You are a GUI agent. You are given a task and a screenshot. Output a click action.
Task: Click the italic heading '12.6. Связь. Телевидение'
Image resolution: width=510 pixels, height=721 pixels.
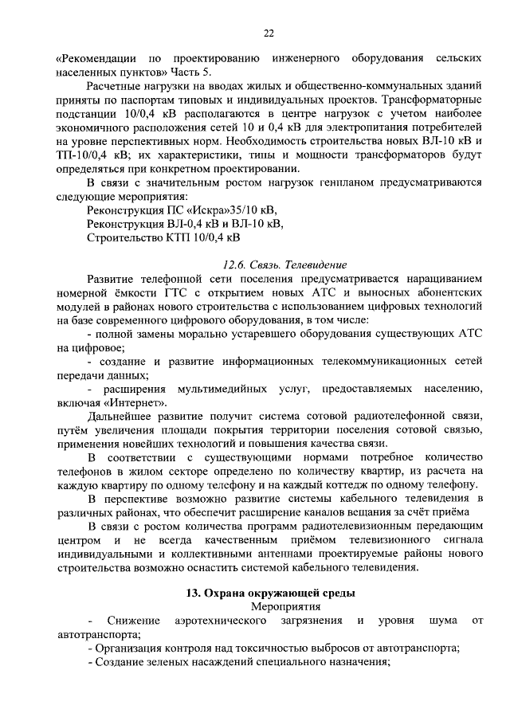click(x=286, y=264)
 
